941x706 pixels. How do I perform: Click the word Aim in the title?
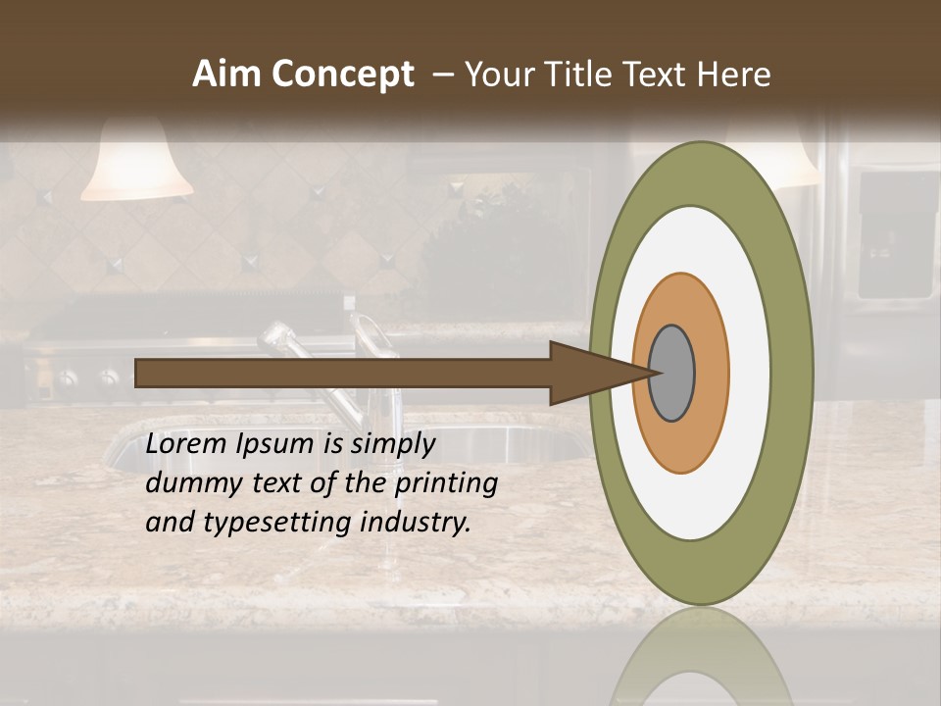click(226, 74)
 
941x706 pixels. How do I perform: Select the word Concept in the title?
click(342, 75)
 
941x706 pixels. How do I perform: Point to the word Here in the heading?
click(734, 74)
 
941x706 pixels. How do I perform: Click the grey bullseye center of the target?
click(671, 374)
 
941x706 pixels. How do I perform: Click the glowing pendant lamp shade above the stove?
click(137, 167)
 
